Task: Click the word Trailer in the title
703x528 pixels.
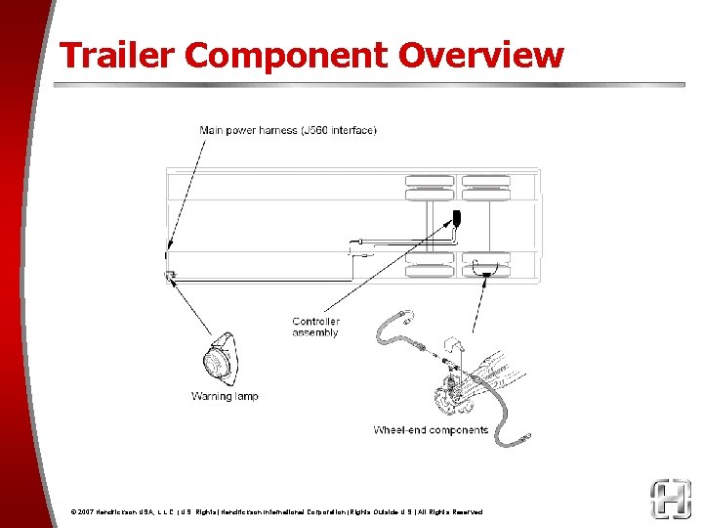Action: [x=116, y=55]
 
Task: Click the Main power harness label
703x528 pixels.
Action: [x=288, y=130]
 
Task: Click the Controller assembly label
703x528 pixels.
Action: [x=315, y=327]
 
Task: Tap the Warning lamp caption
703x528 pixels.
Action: [x=225, y=396]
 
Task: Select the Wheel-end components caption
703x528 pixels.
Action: [x=431, y=430]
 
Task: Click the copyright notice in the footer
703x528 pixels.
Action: [x=276, y=512]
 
